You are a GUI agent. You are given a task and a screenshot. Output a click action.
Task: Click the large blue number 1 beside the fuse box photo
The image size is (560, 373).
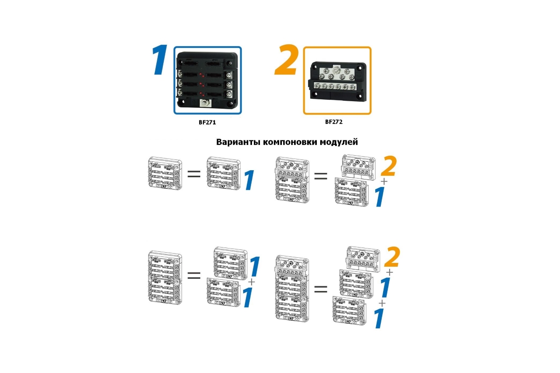pyautogui.click(x=159, y=61)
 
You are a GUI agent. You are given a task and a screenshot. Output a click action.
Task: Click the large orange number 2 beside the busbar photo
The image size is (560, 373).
pyautogui.click(x=286, y=61)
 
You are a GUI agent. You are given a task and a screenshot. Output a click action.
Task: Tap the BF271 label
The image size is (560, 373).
pyautogui.click(x=207, y=123)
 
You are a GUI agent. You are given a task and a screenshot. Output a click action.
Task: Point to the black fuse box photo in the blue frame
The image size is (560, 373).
pyautogui.click(x=207, y=80)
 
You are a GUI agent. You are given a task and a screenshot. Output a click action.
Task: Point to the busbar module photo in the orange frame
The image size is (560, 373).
pyautogui.click(x=337, y=80)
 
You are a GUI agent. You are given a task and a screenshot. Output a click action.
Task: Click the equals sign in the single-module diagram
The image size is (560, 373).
pyautogui.click(x=194, y=174)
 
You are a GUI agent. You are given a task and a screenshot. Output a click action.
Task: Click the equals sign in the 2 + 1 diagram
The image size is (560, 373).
pyautogui.click(x=321, y=177)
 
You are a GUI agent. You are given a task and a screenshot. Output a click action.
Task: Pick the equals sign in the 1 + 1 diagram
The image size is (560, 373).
pyautogui.click(x=194, y=275)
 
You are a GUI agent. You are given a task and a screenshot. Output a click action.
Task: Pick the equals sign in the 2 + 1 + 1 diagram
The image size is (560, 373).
pyautogui.click(x=321, y=289)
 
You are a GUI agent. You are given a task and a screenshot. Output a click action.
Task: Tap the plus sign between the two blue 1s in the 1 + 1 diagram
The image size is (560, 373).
pyautogui.click(x=252, y=282)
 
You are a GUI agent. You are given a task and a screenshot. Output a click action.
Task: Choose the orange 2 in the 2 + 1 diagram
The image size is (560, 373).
pyautogui.click(x=388, y=166)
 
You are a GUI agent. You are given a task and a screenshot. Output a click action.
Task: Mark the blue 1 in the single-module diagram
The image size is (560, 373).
pyautogui.click(x=249, y=180)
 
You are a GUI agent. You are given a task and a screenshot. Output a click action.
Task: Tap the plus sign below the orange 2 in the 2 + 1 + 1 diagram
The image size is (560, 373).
pyautogui.click(x=389, y=271)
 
